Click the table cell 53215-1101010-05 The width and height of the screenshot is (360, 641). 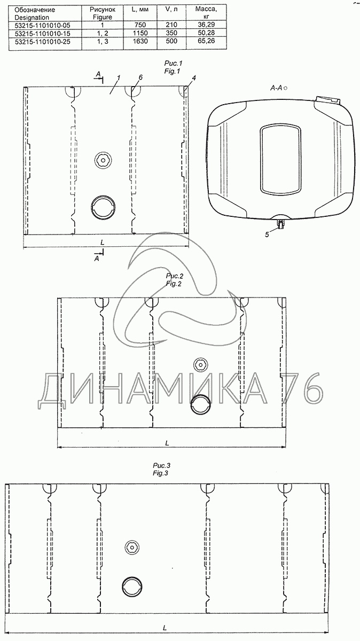point(42,25)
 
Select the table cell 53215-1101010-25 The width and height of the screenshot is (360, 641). point(42,42)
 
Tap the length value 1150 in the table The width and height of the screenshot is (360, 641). point(140,33)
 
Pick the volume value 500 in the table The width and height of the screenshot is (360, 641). point(171,41)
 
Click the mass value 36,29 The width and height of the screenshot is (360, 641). point(206,25)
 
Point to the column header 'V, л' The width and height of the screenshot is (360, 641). point(171,10)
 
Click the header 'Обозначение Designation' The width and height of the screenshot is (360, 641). point(35,13)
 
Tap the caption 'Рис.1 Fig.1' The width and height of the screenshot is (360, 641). point(173,67)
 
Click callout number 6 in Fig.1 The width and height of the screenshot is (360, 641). point(140,77)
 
